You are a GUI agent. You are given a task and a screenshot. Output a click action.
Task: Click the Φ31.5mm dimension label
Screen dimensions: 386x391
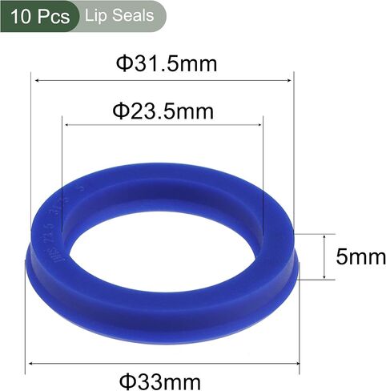[167, 64]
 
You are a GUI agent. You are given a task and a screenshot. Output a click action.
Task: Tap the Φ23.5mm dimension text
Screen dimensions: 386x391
[163, 111]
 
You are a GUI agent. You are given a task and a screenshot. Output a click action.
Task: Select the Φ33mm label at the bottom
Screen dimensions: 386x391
[160, 382]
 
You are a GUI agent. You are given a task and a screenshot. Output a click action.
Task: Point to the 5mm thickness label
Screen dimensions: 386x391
[360, 257]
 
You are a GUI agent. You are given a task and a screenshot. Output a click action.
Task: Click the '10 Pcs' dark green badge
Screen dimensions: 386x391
[40, 16]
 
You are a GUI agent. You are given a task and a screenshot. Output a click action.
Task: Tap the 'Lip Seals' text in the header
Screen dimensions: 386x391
[119, 15]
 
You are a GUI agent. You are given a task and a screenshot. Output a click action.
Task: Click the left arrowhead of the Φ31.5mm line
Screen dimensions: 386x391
[38, 80]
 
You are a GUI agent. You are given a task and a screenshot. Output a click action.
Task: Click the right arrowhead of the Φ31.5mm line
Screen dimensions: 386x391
[288, 80]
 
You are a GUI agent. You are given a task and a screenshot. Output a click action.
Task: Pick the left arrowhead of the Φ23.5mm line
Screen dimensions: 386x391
[68, 125]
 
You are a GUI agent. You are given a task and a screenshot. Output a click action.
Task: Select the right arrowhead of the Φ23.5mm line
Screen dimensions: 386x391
[258, 125]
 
